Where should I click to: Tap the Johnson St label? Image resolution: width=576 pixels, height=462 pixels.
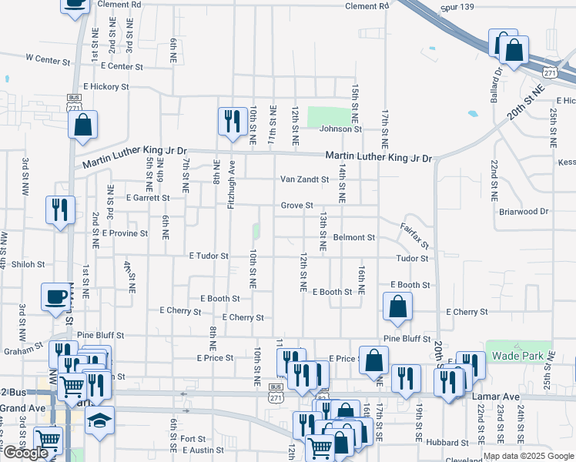coord(334,129)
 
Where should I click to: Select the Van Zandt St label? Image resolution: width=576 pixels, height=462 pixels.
coord(303,179)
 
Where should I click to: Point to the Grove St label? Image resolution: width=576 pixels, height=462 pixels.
coord(296,206)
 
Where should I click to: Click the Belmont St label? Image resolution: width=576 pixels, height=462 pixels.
coord(353,238)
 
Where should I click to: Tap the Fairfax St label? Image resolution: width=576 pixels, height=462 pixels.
coord(414,235)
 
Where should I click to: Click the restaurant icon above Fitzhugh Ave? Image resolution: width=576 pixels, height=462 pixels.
coord(230,120)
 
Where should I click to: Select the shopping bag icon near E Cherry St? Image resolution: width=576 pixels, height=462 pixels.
coord(397,306)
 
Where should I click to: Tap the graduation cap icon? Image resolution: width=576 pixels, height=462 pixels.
coord(100,420)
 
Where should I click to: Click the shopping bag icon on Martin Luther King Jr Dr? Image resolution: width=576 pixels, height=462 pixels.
coord(83,124)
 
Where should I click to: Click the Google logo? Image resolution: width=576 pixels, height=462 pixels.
coord(25,453)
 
